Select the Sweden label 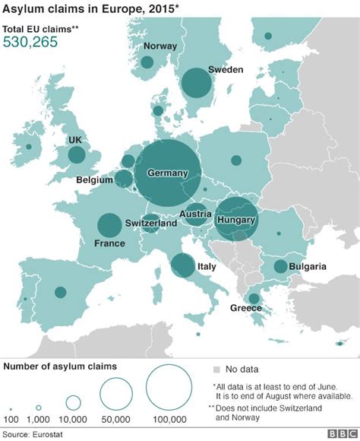[226, 70]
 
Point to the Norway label [159, 46]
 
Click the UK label [74, 141]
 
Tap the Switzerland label [151, 224]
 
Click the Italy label [207, 267]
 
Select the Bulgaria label [308, 266]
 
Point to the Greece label [246, 308]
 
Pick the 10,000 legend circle [74, 402]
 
